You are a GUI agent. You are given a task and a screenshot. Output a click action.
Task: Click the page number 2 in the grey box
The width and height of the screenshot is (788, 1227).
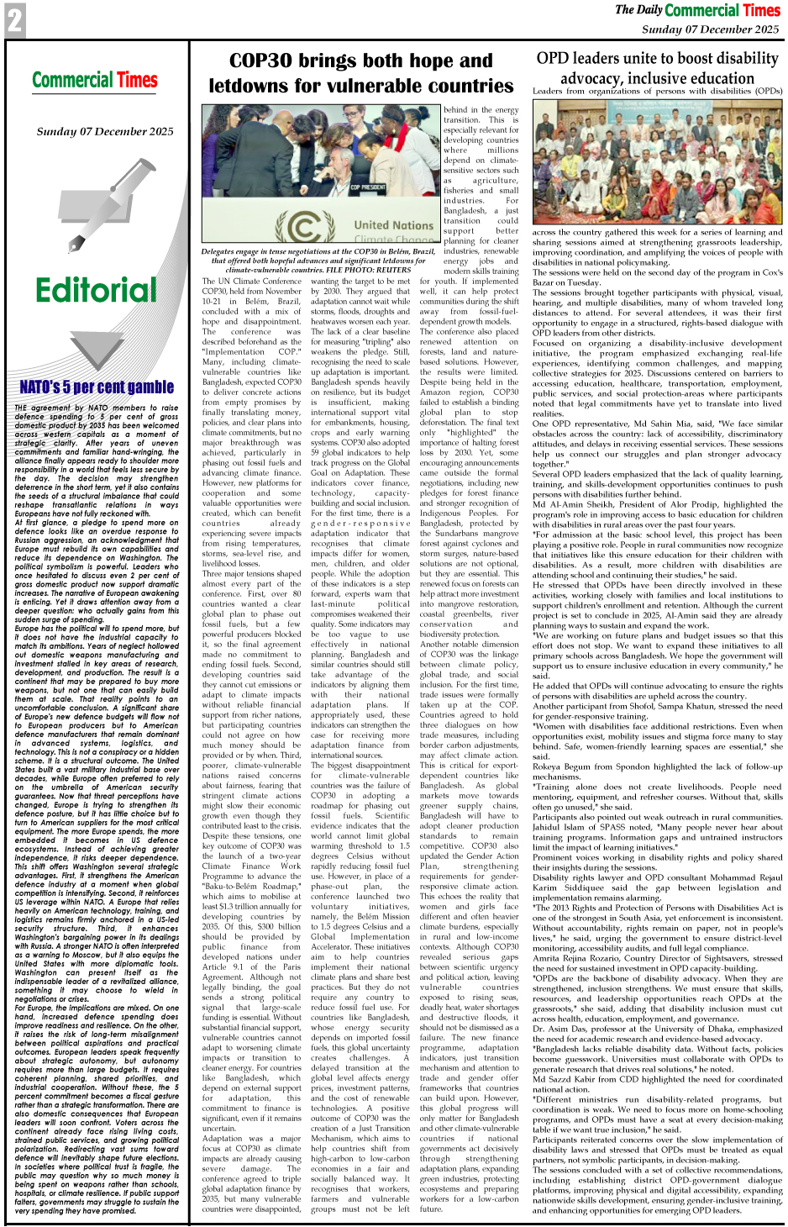coord(14,21)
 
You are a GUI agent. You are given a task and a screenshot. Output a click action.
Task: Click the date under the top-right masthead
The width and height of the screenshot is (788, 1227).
coord(710,29)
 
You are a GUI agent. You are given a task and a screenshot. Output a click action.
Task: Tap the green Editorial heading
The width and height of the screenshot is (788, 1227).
coord(96,291)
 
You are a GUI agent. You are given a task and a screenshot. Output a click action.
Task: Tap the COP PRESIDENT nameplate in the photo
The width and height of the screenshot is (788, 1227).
coord(367,187)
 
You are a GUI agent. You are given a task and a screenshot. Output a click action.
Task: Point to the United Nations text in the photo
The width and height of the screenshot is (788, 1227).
coord(393,225)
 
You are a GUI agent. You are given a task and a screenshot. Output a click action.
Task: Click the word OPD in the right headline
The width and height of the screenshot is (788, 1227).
coord(554,59)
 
